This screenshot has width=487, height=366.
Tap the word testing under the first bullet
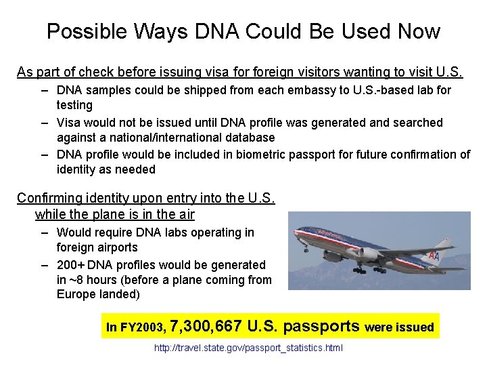(74, 105)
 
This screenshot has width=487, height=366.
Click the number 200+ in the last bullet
(70, 264)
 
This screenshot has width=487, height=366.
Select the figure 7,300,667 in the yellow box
(206, 326)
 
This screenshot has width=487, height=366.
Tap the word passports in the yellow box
(321, 326)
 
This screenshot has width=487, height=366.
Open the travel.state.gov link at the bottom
(248, 348)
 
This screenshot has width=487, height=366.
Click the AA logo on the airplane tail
(434, 256)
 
